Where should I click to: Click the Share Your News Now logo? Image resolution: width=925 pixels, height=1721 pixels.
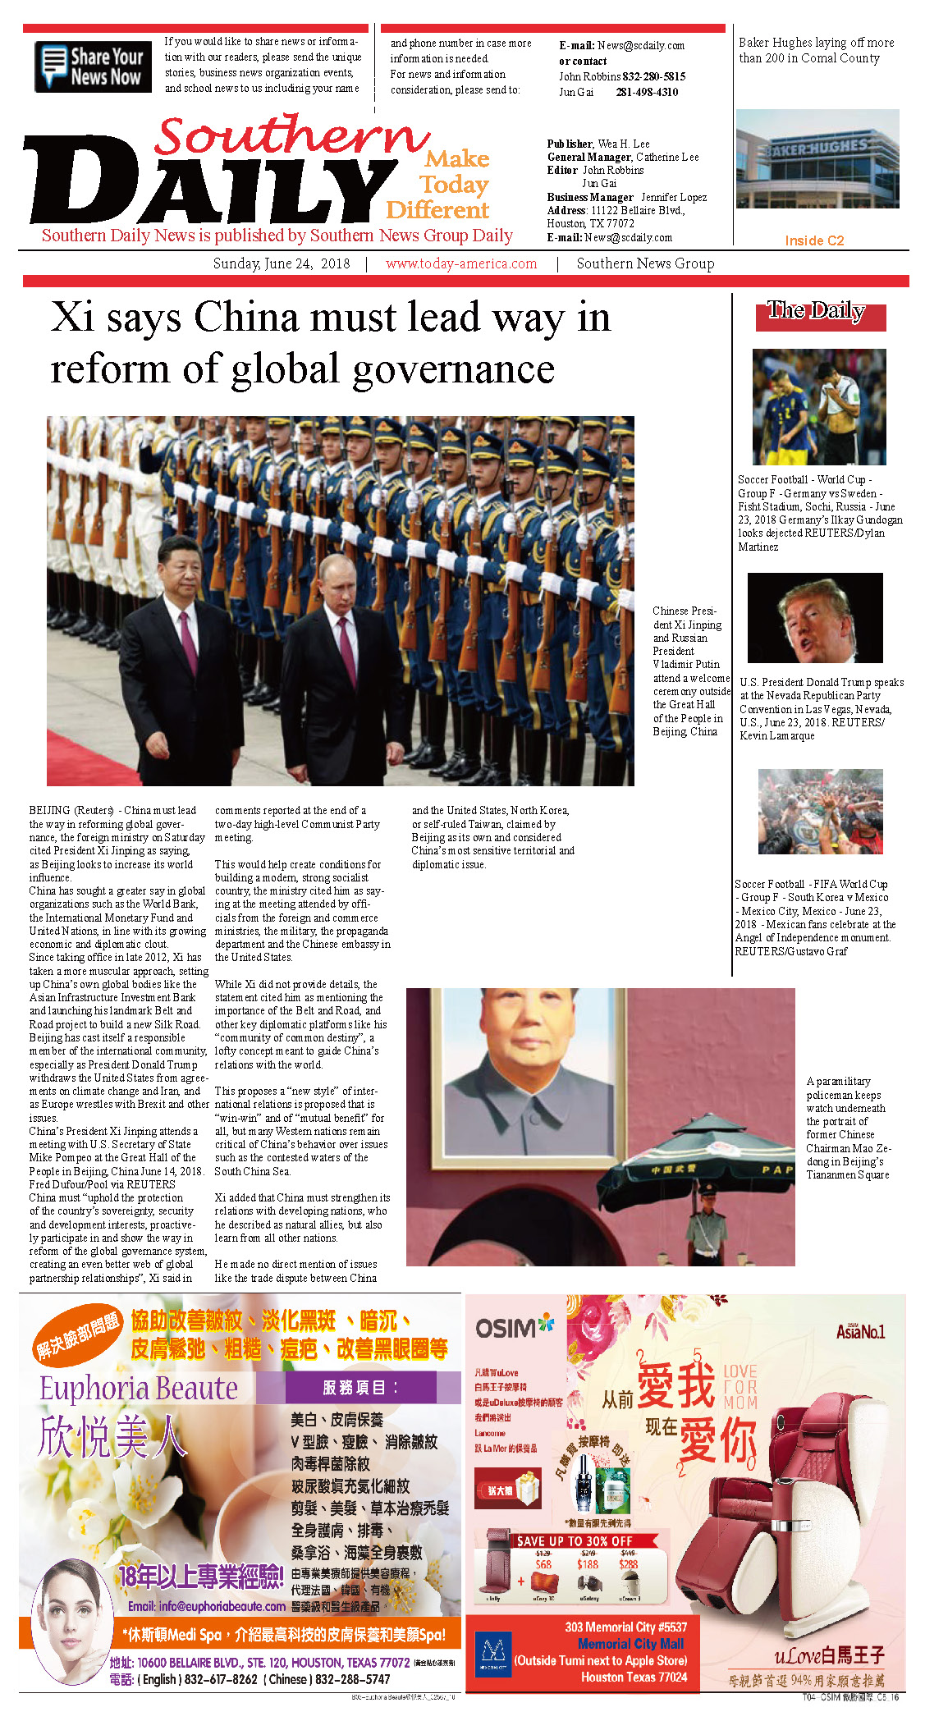(93, 66)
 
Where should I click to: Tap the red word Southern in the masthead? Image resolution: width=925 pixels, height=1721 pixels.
(291, 135)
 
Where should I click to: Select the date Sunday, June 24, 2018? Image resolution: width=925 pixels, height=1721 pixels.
(282, 263)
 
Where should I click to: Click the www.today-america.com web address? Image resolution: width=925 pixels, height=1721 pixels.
(461, 263)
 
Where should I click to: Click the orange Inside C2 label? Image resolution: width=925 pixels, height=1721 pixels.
(813, 240)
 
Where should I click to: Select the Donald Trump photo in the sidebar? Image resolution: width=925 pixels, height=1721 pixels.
(814, 618)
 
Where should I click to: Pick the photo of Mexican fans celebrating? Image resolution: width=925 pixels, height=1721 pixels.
(820, 812)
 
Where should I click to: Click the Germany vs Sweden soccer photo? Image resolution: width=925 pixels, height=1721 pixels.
(818, 407)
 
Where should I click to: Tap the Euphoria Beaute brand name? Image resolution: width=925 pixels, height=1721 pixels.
(139, 1388)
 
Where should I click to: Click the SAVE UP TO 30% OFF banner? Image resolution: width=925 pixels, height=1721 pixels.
(575, 1540)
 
